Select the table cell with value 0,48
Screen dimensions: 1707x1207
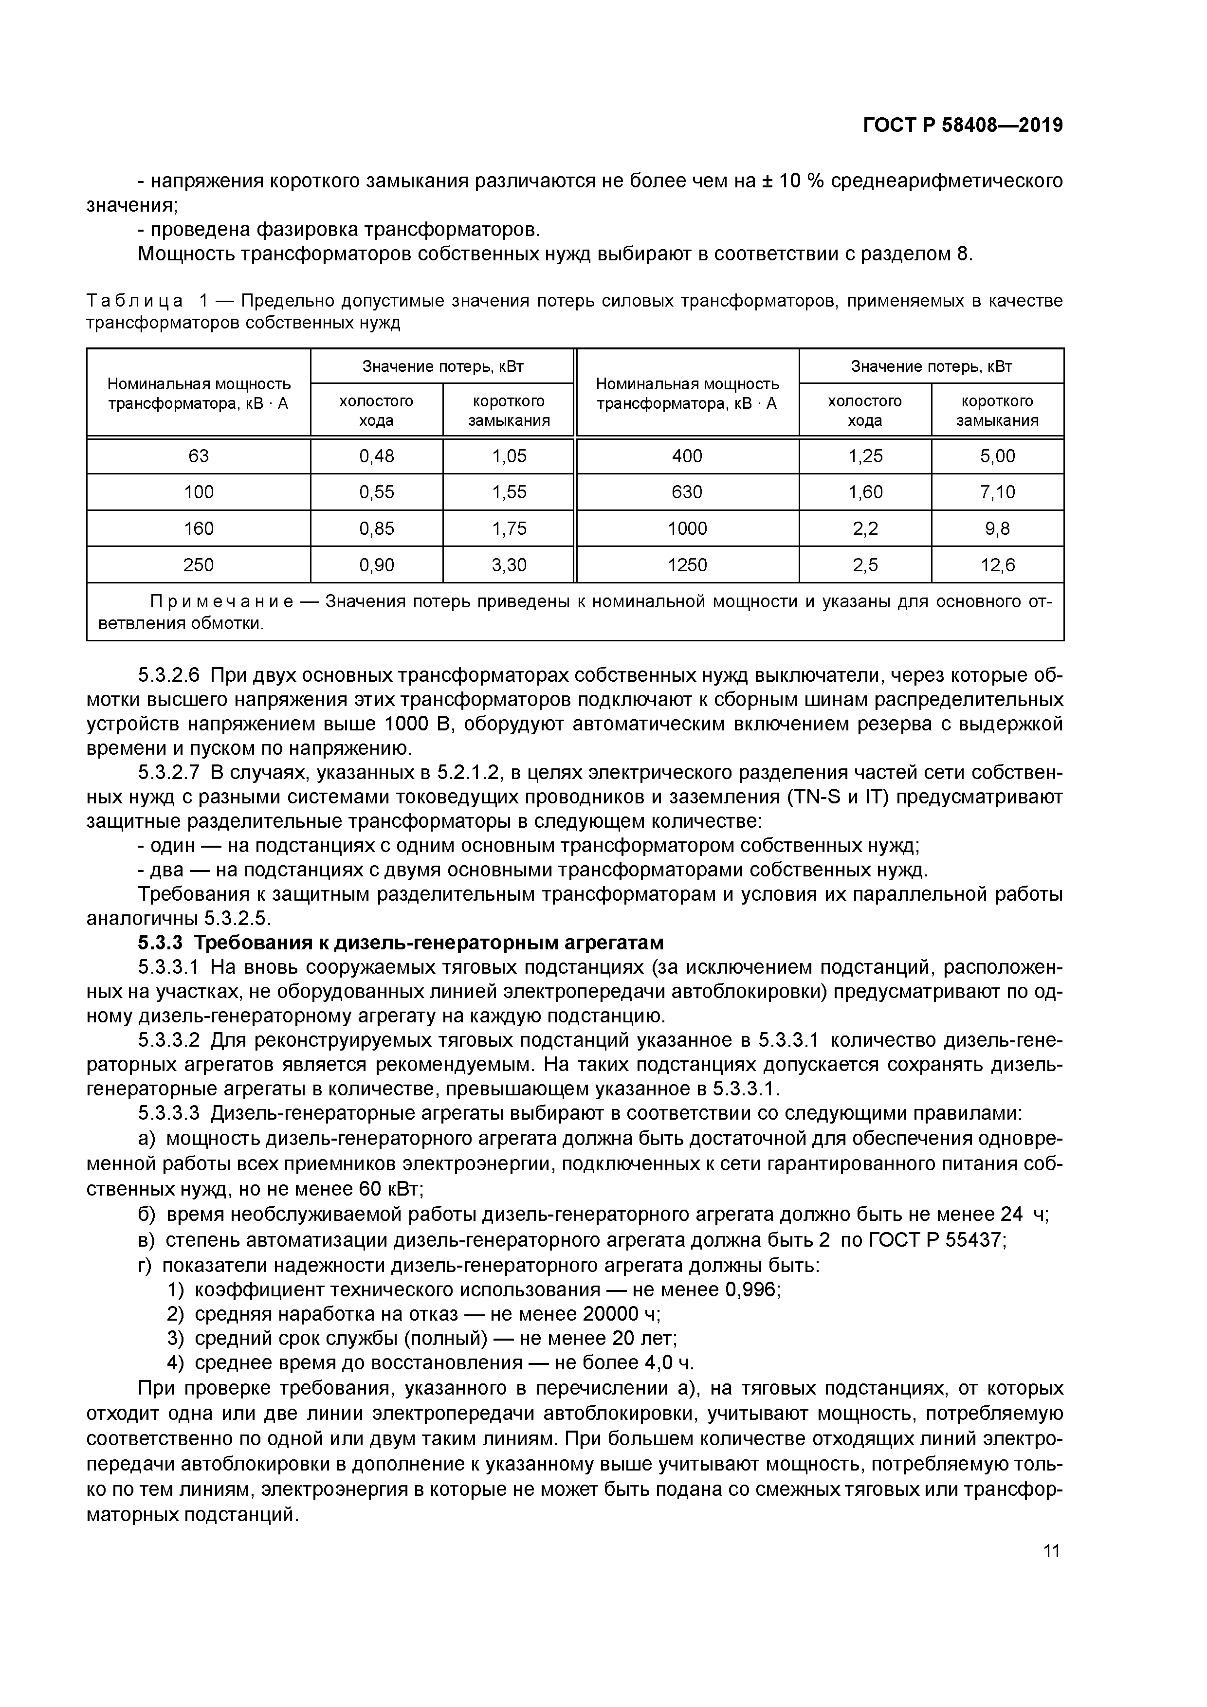[x=376, y=456]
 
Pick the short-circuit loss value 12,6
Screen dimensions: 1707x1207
[x=997, y=565]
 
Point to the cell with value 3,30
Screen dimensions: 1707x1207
[x=509, y=565]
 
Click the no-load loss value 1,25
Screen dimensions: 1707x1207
[x=865, y=456]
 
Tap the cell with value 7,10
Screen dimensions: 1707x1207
[x=997, y=492]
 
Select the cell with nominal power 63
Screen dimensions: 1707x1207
[x=199, y=456]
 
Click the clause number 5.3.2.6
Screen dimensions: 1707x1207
[x=169, y=675]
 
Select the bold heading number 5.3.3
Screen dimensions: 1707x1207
[x=160, y=943]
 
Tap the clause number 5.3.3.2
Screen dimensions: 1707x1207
[x=169, y=1040]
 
